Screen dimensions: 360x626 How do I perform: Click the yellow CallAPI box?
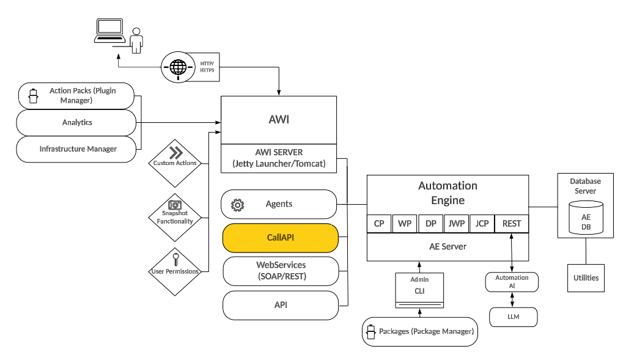[280, 238]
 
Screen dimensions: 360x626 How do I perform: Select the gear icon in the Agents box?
[237, 205]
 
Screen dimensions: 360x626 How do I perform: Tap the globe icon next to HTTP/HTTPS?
[178, 66]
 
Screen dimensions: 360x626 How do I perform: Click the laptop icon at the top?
[109, 31]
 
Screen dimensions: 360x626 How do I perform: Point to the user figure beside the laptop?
[136, 40]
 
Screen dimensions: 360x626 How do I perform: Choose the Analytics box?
[76, 122]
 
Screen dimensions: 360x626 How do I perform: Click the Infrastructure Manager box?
[76, 149]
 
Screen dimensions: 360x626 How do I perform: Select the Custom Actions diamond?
[175, 158]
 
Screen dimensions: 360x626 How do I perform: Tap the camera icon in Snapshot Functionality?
[175, 205]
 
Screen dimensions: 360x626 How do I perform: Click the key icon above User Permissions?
[175, 258]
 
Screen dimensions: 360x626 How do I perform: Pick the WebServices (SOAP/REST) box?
[280, 271]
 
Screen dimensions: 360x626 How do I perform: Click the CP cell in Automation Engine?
[378, 224]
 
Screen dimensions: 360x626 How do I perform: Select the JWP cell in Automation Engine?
[457, 224]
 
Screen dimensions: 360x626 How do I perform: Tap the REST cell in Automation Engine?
[511, 224]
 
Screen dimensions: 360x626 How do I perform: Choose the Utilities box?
[586, 278]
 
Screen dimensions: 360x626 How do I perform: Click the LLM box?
[513, 317]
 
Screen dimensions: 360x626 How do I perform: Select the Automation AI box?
[512, 282]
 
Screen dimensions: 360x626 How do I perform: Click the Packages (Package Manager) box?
[420, 331]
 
